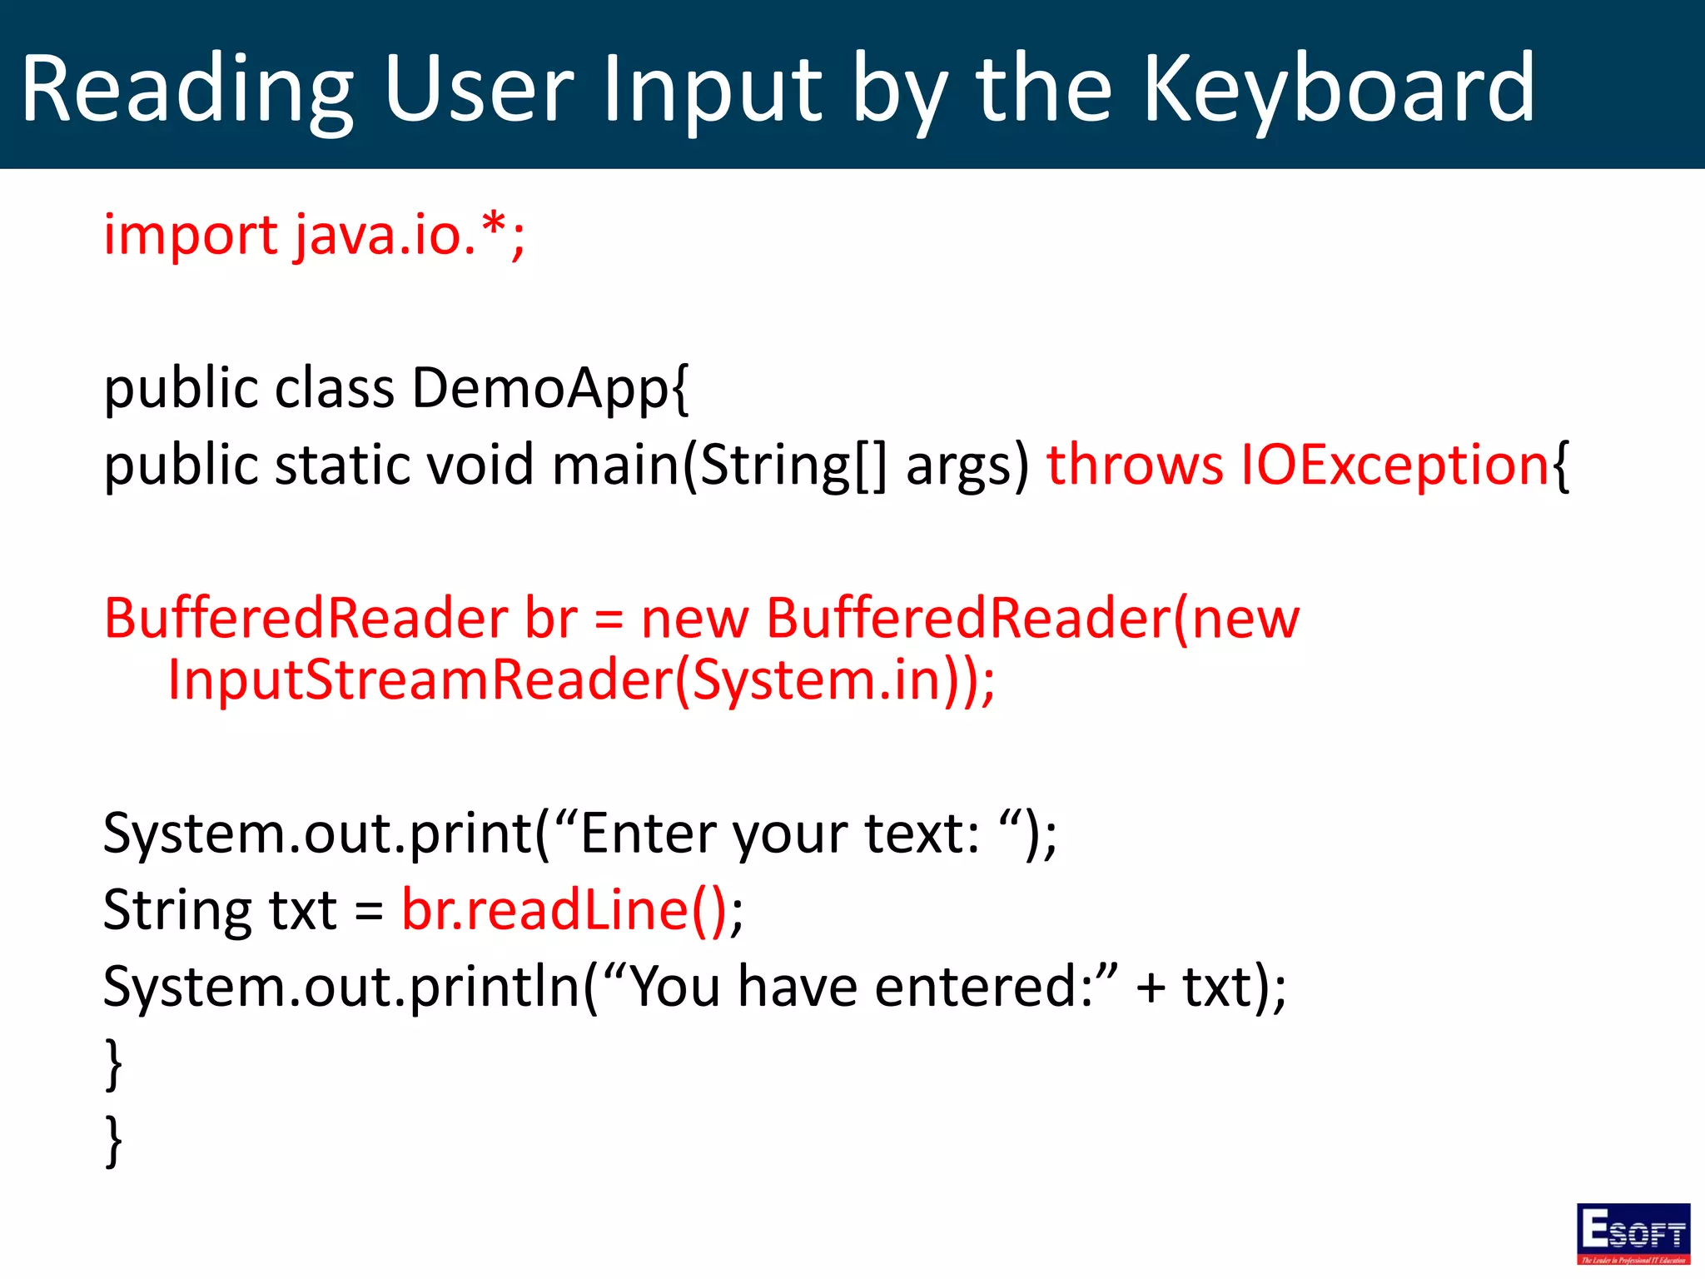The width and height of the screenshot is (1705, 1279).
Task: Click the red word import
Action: click(190, 236)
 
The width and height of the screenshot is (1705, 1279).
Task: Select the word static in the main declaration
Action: click(341, 465)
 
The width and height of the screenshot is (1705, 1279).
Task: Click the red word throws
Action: click(1134, 465)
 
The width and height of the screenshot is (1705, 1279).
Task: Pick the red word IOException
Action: click(1394, 465)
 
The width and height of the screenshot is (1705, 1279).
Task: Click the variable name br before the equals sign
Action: click(550, 619)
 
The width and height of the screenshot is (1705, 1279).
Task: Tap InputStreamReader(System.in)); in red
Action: click(581, 680)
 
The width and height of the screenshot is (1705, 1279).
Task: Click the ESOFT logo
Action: click(1633, 1233)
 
